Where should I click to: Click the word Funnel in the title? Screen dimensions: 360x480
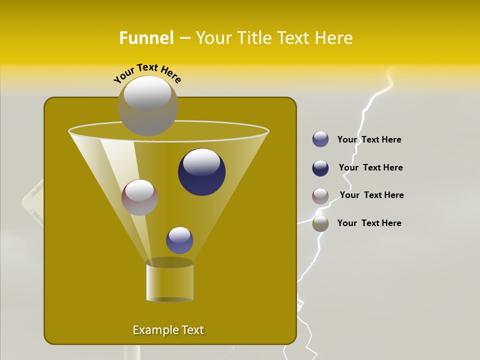[146, 38]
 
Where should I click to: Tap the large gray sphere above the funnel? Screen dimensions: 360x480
[147, 105]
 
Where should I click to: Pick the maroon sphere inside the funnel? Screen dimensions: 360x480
[139, 198]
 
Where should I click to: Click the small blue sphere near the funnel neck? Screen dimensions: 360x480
[179, 240]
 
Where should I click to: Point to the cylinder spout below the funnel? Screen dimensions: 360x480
[169, 281]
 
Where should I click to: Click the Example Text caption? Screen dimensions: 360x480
[168, 330]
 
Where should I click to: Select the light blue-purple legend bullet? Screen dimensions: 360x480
[320, 139]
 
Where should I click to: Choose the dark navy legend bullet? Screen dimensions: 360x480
[320, 168]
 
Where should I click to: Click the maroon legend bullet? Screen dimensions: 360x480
[320, 196]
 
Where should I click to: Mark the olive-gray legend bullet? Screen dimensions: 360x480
[320, 223]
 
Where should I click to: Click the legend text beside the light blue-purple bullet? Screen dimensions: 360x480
[369, 140]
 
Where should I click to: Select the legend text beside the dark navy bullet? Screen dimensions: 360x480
[370, 168]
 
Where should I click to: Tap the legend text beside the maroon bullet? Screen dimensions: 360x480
[371, 195]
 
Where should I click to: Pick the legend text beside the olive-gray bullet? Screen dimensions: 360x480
[369, 223]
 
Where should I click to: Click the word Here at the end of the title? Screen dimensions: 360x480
[335, 38]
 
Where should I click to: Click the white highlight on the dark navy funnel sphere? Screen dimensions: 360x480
[201, 162]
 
